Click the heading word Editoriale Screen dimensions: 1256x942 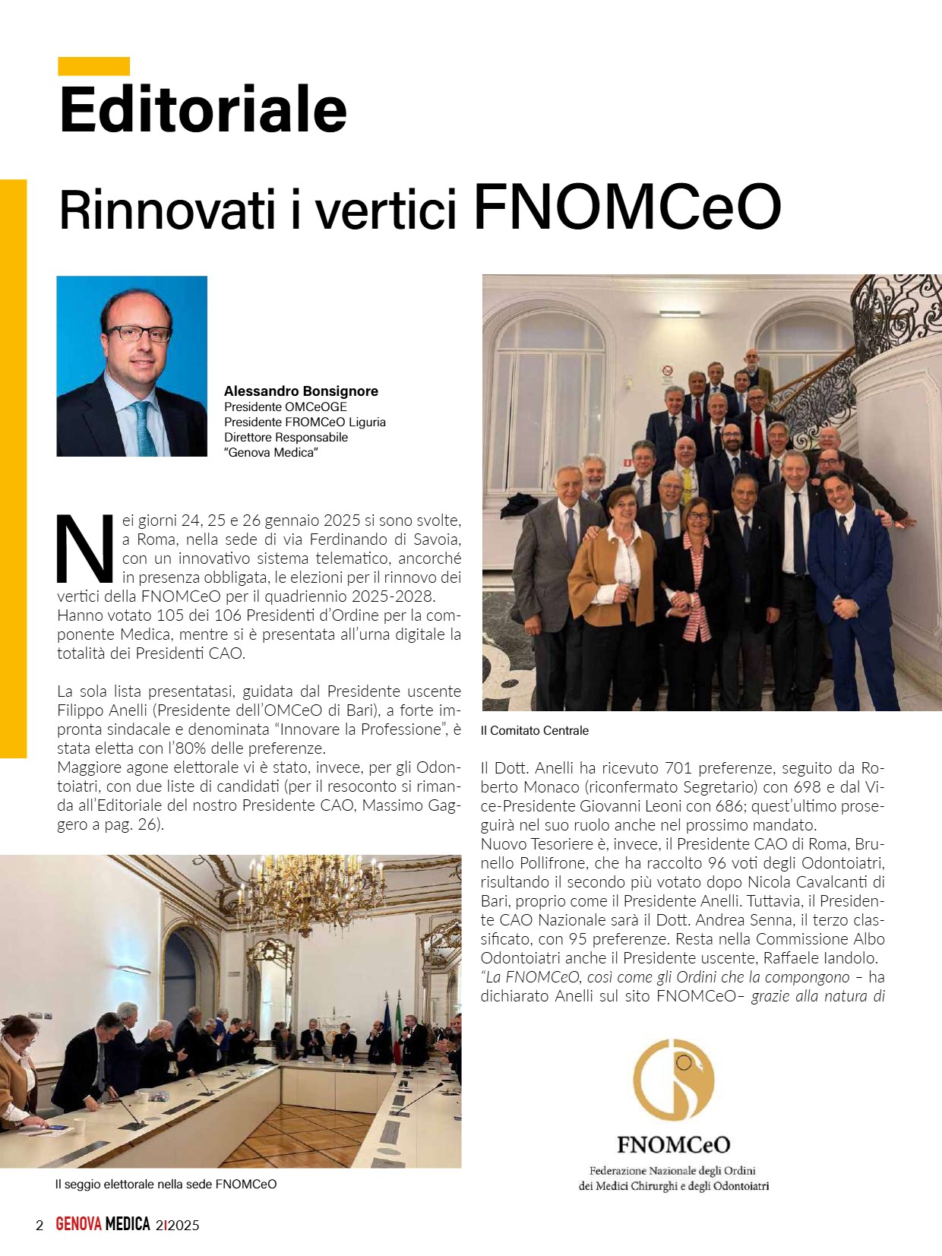203,110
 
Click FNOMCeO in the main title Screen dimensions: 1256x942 627,207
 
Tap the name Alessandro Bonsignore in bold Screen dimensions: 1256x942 301,391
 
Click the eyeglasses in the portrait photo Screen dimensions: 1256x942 139,333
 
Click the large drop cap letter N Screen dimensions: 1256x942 86,549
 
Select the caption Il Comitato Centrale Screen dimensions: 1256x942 535,731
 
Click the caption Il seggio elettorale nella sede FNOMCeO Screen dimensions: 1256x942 166,1185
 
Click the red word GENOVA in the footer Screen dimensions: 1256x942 78,1225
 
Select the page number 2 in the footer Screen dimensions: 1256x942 40,1225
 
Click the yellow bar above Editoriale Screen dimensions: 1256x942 93,66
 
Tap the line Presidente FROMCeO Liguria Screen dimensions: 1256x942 305,422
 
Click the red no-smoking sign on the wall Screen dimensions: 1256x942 667,371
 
